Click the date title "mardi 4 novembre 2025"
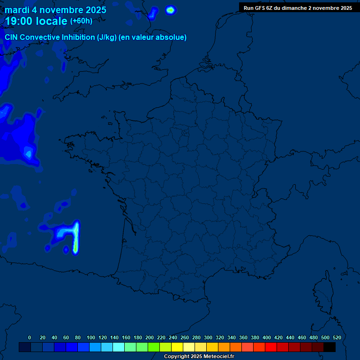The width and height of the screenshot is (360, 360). tap(55, 10)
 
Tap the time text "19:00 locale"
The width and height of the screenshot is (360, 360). tap(36, 21)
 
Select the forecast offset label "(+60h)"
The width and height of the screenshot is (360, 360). tap(81, 21)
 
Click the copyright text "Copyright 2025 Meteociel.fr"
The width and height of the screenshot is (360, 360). tap(199, 357)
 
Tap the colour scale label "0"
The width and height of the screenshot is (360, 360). tap(30, 337)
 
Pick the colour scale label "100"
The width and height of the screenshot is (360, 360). tap(91, 337)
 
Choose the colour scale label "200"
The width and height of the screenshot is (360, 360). tap(150, 337)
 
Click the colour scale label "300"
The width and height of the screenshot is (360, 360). tap(208, 337)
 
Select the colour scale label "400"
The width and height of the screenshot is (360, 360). tap(267, 337)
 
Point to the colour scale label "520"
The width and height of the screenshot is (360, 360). tap(337, 337)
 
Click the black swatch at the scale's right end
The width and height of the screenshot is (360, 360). tap(330, 347)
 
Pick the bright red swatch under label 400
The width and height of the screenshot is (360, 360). tap(271, 347)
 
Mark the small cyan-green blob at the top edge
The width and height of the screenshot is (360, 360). tap(171, 9)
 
